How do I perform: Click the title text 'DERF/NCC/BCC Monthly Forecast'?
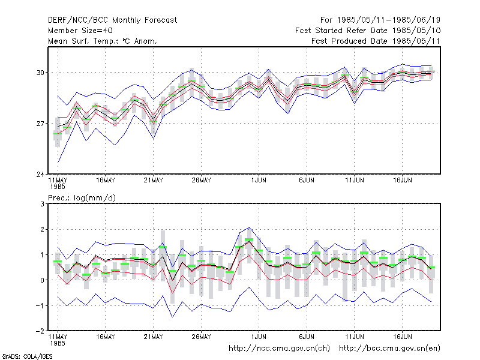[x=112, y=20]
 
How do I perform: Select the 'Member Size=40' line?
[x=80, y=31]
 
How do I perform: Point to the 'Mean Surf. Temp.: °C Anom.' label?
[x=103, y=41]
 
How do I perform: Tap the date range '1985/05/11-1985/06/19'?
[x=389, y=20]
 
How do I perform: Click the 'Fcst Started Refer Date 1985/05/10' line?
[x=368, y=31]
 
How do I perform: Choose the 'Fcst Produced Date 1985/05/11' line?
[x=376, y=41]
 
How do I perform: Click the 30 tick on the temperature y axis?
[x=40, y=73]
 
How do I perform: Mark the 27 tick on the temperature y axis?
[x=40, y=124]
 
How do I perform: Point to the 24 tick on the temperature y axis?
[x=40, y=174]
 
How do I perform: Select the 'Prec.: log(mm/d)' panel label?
[x=82, y=198]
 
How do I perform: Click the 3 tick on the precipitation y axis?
[x=42, y=204]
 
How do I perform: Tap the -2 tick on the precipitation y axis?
[x=40, y=331]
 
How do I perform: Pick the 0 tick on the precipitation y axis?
[x=42, y=280]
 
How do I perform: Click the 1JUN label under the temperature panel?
[x=259, y=181]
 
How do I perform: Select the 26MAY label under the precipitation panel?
[x=201, y=337]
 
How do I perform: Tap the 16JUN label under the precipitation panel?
[x=402, y=337]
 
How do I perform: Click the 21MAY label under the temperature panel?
[x=154, y=181]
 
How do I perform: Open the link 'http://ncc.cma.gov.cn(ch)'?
[x=279, y=349]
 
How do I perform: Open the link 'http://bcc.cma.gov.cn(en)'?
[x=389, y=349]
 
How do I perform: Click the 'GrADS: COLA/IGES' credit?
[x=27, y=356]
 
